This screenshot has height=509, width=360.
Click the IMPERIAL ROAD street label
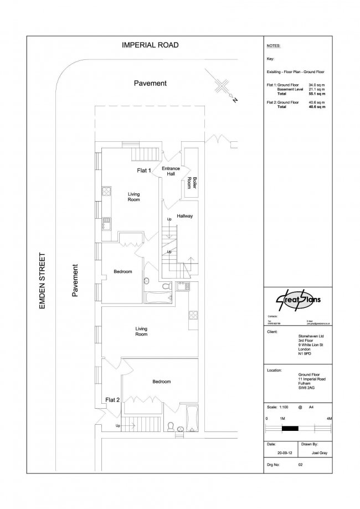point(150,45)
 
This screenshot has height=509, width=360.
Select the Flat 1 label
point(144,171)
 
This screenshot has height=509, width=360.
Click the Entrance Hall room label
point(171,171)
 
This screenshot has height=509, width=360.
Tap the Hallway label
point(185,216)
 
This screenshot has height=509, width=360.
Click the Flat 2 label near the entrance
point(112,399)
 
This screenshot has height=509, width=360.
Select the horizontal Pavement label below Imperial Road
point(150,83)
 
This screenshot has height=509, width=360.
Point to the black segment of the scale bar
point(290,428)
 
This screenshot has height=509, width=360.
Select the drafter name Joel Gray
point(316,453)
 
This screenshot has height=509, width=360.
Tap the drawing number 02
point(301,466)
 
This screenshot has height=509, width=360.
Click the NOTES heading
point(274,46)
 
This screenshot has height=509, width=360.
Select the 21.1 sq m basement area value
point(316,90)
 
